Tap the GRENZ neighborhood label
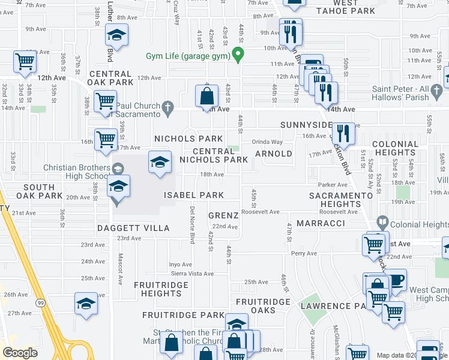(x=223, y=215)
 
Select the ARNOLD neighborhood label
(x=273, y=154)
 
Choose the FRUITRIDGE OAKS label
(x=264, y=305)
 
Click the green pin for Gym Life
(x=238, y=55)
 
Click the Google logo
(x=20, y=353)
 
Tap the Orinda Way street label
(x=267, y=142)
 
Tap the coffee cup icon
(x=396, y=280)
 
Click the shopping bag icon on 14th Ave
(x=206, y=96)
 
